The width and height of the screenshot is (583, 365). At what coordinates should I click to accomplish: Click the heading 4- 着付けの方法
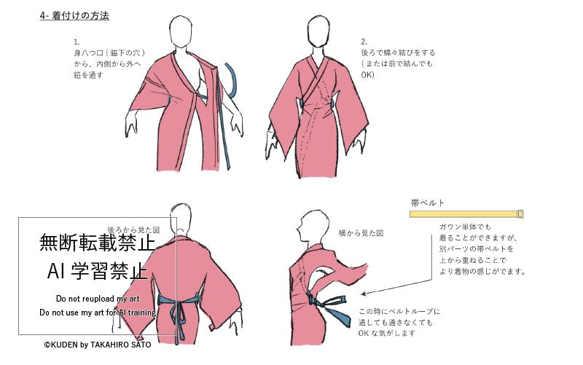click(74, 16)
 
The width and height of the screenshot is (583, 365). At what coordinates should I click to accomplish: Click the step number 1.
click(77, 42)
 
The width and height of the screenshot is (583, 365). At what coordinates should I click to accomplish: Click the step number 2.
click(364, 42)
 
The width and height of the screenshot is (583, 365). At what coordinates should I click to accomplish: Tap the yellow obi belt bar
click(466, 214)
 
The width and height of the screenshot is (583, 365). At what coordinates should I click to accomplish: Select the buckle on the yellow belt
click(520, 214)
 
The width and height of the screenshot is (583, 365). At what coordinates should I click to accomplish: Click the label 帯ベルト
click(428, 203)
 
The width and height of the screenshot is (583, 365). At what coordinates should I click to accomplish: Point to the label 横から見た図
click(361, 233)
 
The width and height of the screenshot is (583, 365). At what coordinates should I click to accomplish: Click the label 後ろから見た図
click(133, 230)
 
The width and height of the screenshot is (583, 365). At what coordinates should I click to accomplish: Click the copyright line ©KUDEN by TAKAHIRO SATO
click(98, 345)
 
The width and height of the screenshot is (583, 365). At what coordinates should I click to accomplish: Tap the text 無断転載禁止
click(98, 243)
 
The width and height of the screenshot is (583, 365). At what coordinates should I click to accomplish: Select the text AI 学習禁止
click(98, 271)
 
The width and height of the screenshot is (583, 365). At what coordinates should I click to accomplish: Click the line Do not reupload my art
click(98, 299)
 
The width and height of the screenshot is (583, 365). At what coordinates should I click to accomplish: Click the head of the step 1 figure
click(181, 31)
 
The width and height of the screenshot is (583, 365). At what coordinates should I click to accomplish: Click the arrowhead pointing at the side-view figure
click(364, 294)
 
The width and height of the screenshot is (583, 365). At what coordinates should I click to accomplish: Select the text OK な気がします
click(387, 334)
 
